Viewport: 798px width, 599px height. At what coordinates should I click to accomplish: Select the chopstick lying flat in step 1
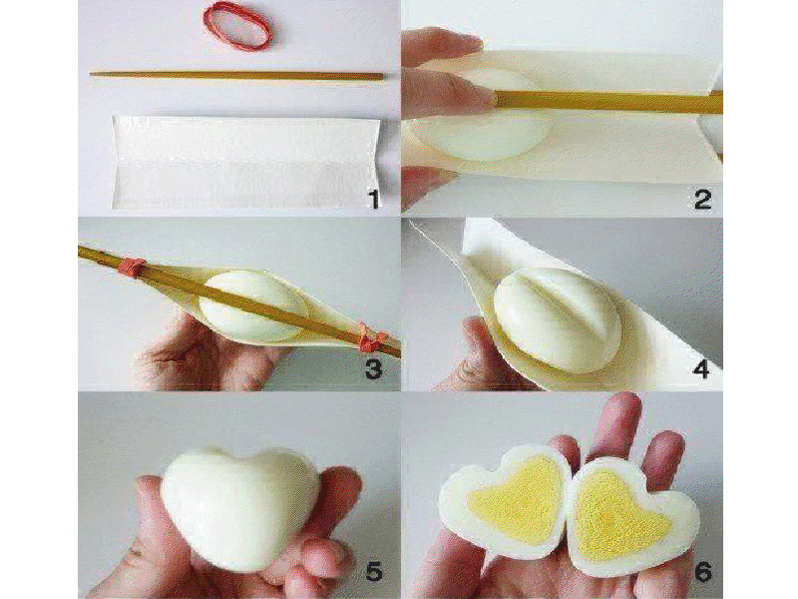coord(237,76)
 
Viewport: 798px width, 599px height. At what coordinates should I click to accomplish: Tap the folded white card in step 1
coord(245,162)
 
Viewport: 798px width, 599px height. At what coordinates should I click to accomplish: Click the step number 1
coord(374,199)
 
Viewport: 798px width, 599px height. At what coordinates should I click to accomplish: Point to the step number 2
coord(703,199)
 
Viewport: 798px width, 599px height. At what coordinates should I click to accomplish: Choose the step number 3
coord(374,368)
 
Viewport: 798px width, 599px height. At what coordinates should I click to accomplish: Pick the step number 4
coord(702,367)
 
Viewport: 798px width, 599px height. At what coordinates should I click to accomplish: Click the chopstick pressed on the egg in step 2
coord(605,102)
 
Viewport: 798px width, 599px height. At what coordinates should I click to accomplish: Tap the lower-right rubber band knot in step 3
coord(370,337)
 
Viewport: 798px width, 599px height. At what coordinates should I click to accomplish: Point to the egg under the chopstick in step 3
coord(253,306)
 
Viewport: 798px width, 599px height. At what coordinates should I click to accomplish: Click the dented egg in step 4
coord(558,318)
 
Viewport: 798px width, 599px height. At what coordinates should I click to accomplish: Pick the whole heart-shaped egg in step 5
coord(239,507)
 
